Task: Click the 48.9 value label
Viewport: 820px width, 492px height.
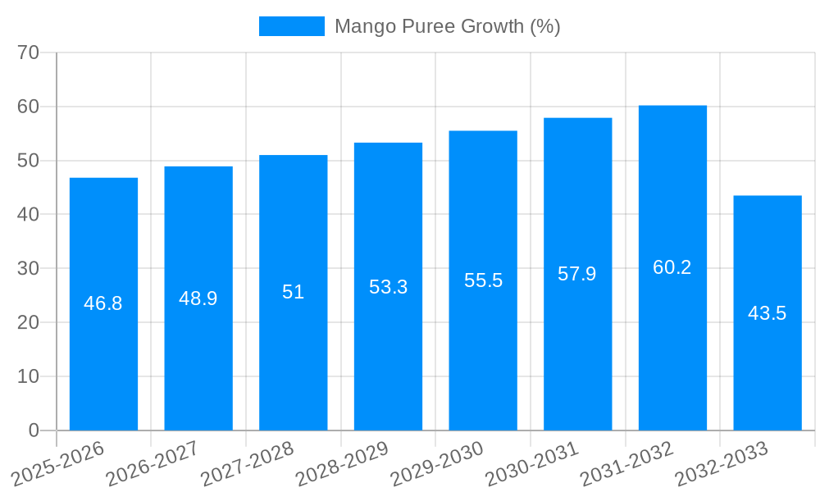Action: click(198, 298)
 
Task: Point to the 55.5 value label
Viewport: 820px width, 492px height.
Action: click(483, 280)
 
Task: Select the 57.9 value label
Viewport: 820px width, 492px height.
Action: click(577, 274)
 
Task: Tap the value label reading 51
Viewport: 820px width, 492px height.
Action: click(293, 292)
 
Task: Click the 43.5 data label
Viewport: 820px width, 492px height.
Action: click(768, 313)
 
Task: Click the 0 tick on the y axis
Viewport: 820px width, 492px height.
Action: click(34, 430)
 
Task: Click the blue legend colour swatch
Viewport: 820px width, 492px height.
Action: click(292, 26)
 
